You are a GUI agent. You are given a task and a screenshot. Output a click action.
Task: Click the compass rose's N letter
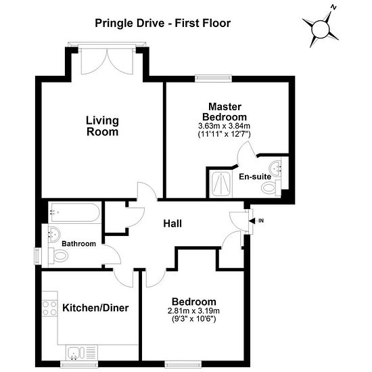click(x=333, y=7)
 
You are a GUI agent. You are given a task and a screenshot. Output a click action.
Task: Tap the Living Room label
click(x=102, y=126)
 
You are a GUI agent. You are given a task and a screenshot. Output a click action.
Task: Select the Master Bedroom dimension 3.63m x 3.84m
click(x=224, y=126)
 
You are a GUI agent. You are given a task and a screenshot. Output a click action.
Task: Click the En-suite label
click(x=255, y=177)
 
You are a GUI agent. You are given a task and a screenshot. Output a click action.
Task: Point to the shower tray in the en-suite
click(x=220, y=184)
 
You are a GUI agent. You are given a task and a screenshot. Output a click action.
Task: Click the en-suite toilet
click(x=271, y=187)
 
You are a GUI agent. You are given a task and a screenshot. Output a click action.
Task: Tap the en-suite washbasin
click(x=275, y=168)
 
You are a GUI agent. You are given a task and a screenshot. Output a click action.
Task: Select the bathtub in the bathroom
click(x=74, y=212)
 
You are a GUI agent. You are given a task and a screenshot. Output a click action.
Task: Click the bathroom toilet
click(x=58, y=256)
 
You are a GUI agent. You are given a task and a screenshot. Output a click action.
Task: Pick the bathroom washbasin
click(x=54, y=235)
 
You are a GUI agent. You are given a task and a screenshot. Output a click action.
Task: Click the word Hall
click(x=172, y=224)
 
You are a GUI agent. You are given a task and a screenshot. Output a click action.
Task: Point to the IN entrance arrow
click(x=252, y=221)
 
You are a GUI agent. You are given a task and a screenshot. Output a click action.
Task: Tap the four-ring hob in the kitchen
click(x=49, y=308)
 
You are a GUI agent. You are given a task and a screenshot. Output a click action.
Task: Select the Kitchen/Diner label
click(x=95, y=308)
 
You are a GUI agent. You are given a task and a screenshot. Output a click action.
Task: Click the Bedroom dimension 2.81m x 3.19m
click(x=193, y=311)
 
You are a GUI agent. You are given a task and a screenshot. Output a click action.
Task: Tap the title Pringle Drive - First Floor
click(x=163, y=23)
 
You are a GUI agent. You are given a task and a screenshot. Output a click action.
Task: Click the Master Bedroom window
click(x=213, y=78)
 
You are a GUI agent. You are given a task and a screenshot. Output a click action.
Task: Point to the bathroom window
click(x=38, y=256)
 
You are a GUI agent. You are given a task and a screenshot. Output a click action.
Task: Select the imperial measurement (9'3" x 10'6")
click(x=193, y=319)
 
